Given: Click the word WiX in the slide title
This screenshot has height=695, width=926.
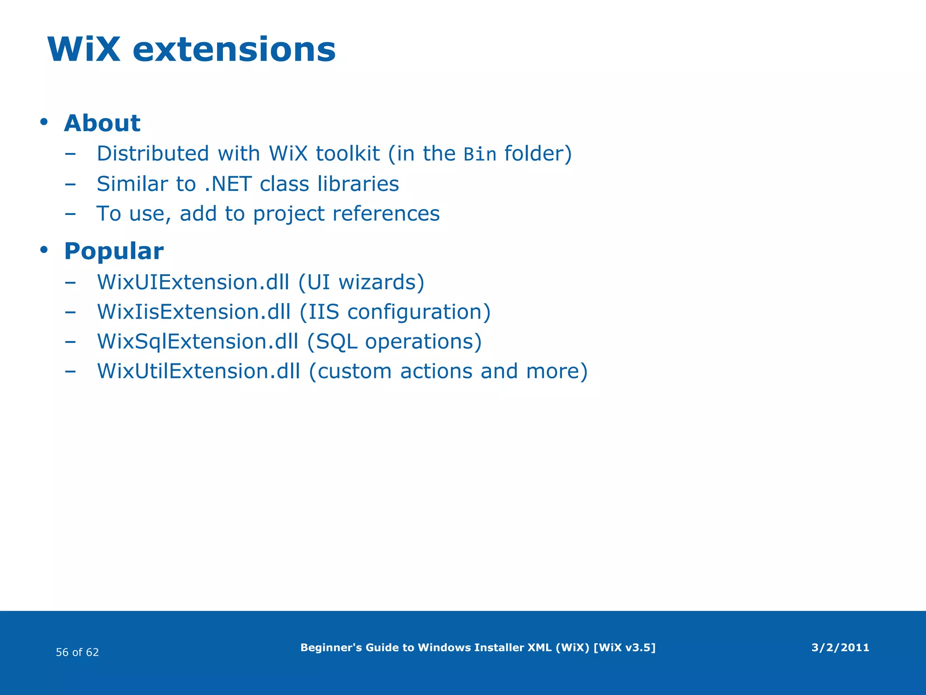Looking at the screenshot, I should click(84, 49).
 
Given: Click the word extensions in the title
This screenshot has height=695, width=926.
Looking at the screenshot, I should click(234, 49).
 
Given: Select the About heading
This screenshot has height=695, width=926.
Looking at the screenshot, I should click(102, 123).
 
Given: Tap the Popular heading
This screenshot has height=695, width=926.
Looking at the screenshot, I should click(113, 251).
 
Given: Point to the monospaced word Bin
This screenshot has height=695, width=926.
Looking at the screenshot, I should click(480, 155).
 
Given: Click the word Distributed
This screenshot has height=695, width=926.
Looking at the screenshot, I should click(153, 154).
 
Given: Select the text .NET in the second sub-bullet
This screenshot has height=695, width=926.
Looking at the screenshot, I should click(228, 184).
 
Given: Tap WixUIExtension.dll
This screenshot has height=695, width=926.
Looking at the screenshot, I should click(193, 282).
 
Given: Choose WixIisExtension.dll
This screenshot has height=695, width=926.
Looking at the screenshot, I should click(194, 312).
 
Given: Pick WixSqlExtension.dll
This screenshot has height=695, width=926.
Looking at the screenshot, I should click(198, 342).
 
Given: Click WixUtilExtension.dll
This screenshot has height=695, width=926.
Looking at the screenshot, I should click(198, 371).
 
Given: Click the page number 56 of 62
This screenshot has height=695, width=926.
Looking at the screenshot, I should click(77, 652).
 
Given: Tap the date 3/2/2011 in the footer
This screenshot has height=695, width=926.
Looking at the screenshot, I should click(840, 647).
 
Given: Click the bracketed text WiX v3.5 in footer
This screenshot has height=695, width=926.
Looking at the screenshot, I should click(624, 647).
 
